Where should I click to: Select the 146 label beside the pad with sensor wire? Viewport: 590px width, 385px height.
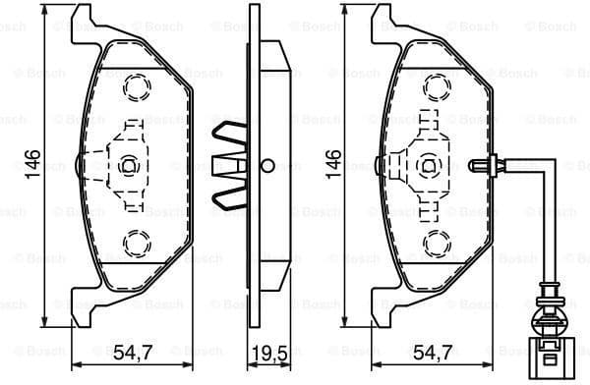tap(335, 164)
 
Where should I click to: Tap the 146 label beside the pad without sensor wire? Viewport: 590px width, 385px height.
tap(32, 164)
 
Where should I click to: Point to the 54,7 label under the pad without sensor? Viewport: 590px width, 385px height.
tap(131, 351)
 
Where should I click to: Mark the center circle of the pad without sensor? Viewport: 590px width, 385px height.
tap(126, 165)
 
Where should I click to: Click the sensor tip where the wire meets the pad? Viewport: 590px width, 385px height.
tap(479, 164)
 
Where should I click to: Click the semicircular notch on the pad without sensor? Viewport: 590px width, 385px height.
tap(79, 164)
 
